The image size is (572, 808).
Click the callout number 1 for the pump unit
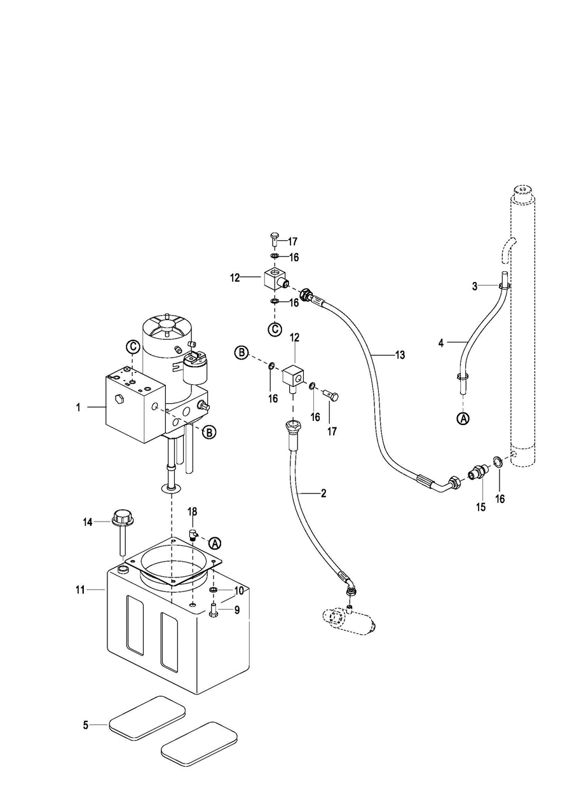pos(78,407)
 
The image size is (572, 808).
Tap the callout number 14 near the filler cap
pos(88,522)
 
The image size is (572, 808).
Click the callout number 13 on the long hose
pos(400,355)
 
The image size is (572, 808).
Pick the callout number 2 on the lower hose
pos(323,493)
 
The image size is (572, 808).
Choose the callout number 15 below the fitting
pos(480,507)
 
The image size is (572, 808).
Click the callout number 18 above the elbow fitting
pos(193,511)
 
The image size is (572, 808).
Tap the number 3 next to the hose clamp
pos(475,286)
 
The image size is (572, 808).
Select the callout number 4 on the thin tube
pos(440,342)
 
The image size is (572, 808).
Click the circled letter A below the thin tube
pos(463,419)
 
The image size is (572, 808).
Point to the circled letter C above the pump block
pos(133,347)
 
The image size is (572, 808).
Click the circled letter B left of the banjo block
pos(242,353)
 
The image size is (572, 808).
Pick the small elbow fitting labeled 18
pos(194,533)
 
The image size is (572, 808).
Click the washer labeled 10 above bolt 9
pos(214,590)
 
